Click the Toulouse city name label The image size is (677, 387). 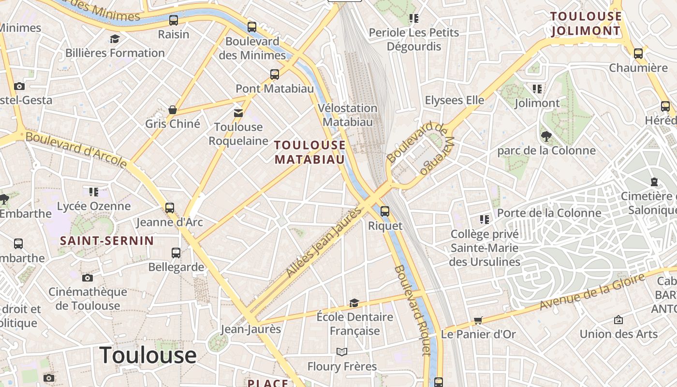click(148, 356)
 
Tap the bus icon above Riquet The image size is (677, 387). click(385, 211)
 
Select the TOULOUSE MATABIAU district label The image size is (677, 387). click(310, 152)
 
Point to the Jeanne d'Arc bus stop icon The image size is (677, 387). click(170, 208)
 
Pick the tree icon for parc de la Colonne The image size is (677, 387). click(546, 136)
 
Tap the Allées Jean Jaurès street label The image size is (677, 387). click(324, 242)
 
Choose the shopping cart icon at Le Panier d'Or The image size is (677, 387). click(478, 320)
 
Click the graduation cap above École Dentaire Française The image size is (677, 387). click(354, 303)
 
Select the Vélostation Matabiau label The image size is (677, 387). click(348, 115)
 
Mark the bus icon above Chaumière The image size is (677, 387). click(638, 53)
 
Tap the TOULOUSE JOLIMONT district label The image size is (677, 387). click(586, 24)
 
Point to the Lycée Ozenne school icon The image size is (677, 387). click(94, 192)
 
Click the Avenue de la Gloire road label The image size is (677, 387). click(592, 291)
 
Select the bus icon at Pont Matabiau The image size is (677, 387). click(275, 74)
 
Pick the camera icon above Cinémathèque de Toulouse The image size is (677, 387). click(88, 278)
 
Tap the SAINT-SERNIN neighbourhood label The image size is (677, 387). click(107, 240)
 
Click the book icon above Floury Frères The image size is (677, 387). click(342, 352)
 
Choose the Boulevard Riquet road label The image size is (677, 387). click(412, 310)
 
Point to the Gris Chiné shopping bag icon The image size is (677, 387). click(173, 110)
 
